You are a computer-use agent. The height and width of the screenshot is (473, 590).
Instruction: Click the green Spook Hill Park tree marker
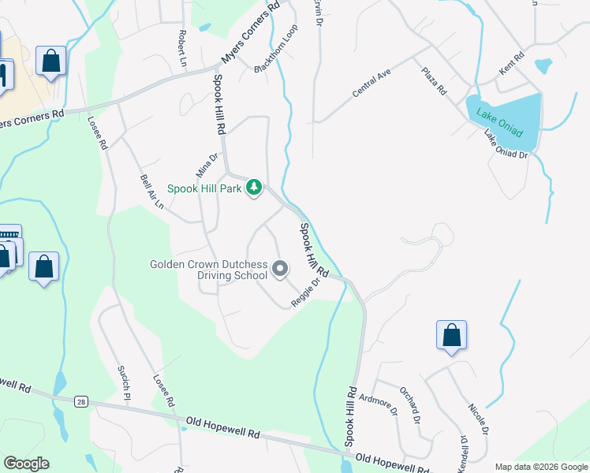pos(253,188)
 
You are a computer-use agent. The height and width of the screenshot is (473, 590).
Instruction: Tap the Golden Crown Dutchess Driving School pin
pos(280,270)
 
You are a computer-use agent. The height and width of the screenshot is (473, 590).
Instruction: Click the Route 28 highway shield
pos(81,402)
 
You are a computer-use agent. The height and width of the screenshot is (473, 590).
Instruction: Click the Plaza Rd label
pos(434,82)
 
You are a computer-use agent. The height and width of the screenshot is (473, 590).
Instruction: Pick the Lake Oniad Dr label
pos(506,144)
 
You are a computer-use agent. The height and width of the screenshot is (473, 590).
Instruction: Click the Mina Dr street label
pos(206,166)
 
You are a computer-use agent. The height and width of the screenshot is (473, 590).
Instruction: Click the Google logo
pos(27,464)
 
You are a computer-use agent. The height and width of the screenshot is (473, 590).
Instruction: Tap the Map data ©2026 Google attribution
pos(540,467)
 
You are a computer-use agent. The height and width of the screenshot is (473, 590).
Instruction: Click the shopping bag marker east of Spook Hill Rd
pos(451,334)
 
